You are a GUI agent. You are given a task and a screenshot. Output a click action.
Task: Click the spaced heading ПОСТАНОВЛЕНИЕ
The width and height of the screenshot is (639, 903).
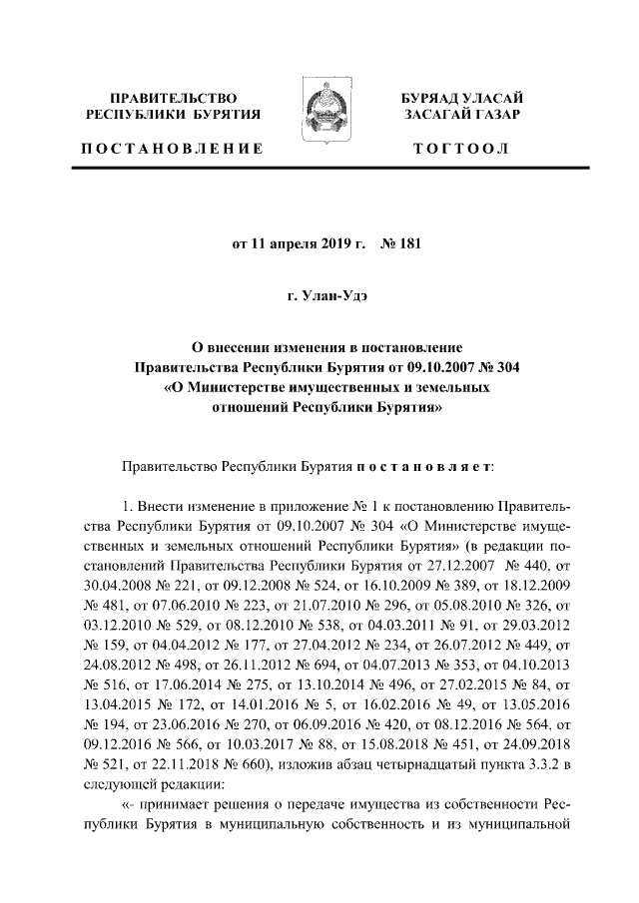coord(173,149)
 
